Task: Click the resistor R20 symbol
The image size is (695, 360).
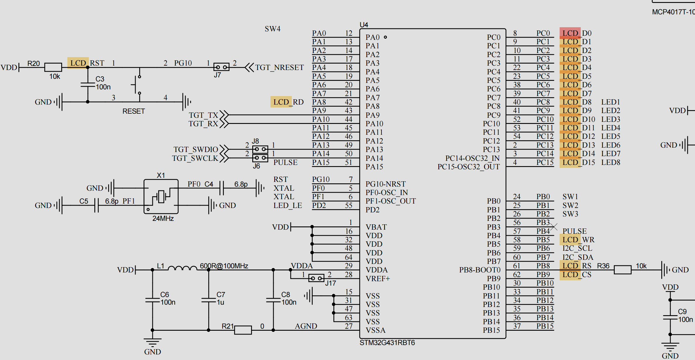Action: [x=53, y=67]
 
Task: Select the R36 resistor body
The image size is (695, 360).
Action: [x=623, y=270]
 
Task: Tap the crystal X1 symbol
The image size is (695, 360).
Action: [x=161, y=196]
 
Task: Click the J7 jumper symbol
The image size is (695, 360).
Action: [x=221, y=67]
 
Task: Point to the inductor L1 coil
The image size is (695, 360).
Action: [x=182, y=268]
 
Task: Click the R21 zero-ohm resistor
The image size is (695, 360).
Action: [x=243, y=330]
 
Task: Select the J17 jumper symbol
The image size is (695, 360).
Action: [x=316, y=278]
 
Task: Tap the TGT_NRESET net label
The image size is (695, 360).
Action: [x=279, y=68]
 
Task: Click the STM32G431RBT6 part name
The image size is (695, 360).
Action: [x=387, y=343]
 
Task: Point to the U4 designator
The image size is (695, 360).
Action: [x=364, y=25]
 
